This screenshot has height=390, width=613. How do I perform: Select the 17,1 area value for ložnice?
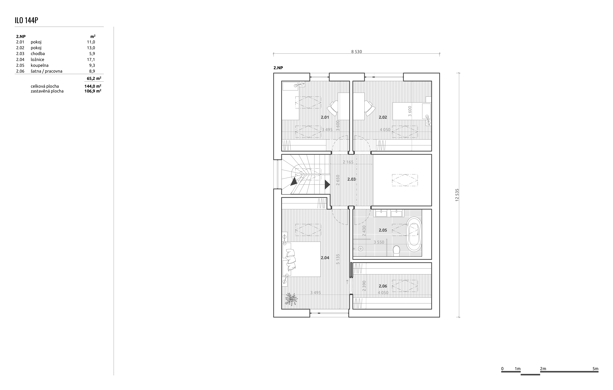pyautogui.click(x=91, y=59)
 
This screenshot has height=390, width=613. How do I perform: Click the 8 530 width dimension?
pyautogui.click(x=356, y=51)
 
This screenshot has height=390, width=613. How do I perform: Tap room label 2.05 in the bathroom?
pyautogui.click(x=383, y=230)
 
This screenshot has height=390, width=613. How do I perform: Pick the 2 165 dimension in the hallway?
pyautogui.click(x=348, y=162)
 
